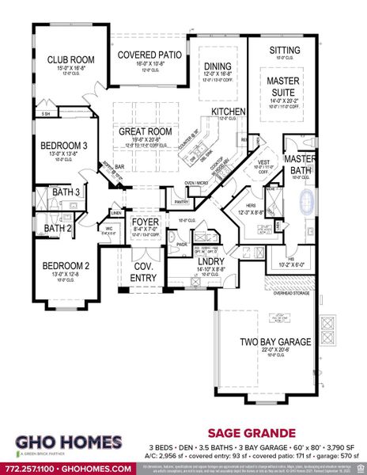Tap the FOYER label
[146, 222]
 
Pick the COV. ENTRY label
[145, 272]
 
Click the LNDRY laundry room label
[190, 260]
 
